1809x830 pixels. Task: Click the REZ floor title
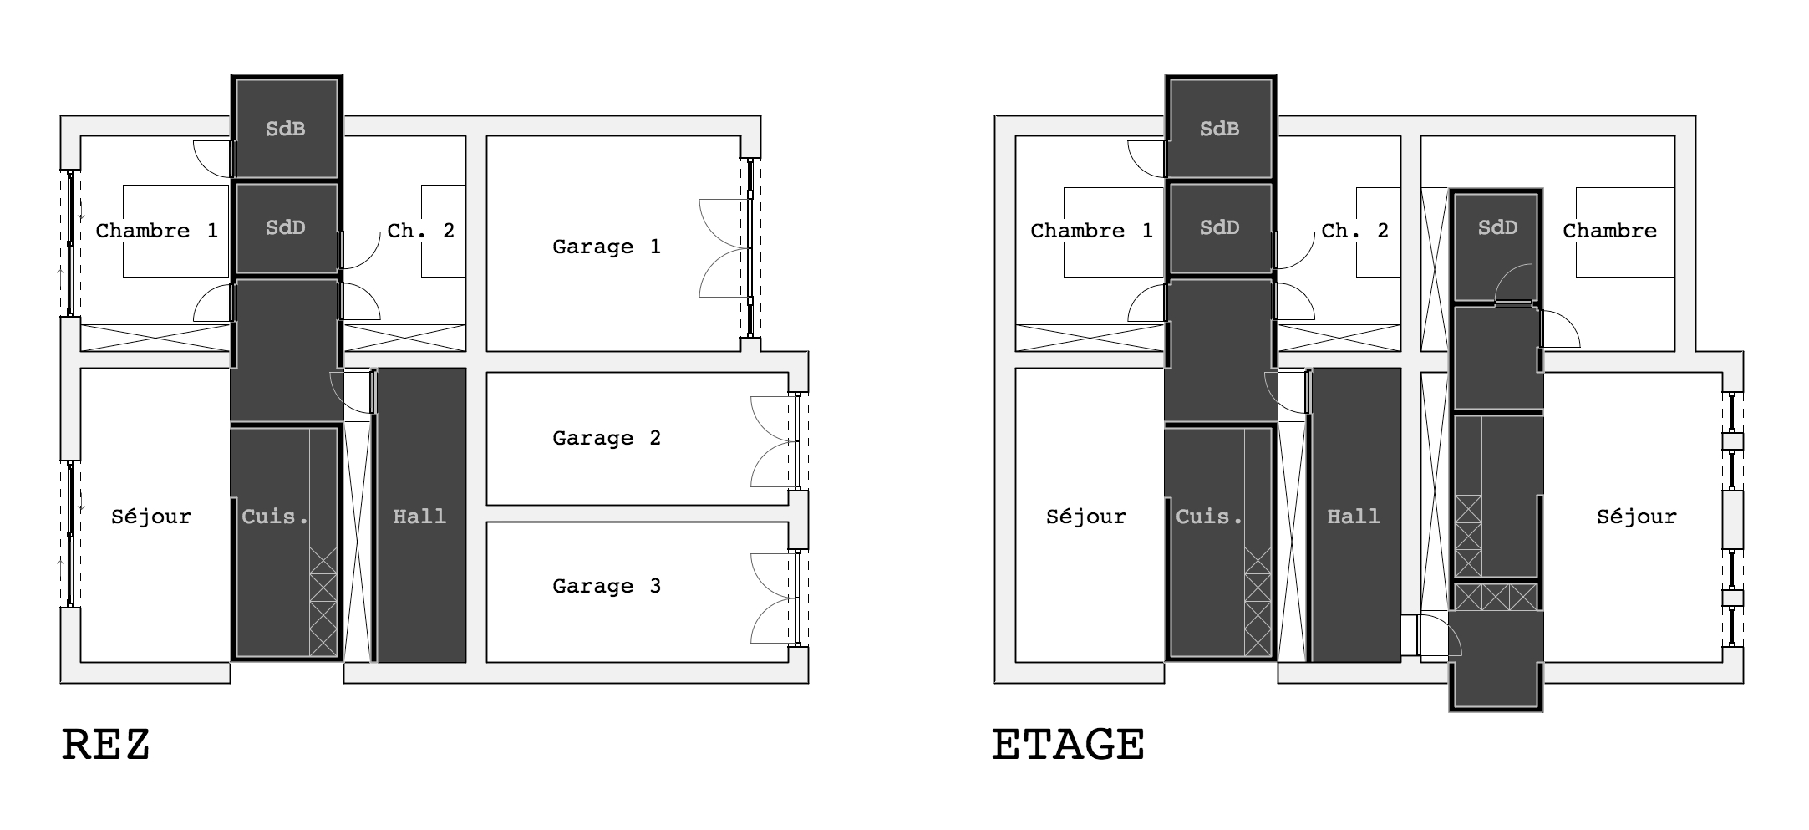pyautogui.click(x=106, y=745)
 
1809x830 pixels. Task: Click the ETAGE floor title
pyautogui.click(x=1068, y=745)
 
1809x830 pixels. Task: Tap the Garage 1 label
pyautogui.click(x=607, y=247)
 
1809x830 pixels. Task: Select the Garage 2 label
pyautogui.click(x=607, y=438)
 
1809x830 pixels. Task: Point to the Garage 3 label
pyautogui.click(x=607, y=586)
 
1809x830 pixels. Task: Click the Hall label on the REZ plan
pyautogui.click(x=419, y=517)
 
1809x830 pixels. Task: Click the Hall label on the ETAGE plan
pyautogui.click(x=1354, y=517)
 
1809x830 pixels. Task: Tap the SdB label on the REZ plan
pyautogui.click(x=285, y=129)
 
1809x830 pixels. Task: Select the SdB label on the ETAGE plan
pyautogui.click(x=1219, y=129)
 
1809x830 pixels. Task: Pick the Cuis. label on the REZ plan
pyautogui.click(x=275, y=517)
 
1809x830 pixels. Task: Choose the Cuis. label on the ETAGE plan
pyautogui.click(x=1209, y=517)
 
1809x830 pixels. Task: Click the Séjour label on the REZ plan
pyautogui.click(x=151, y=517)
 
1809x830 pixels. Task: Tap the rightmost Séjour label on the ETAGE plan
pyautogui.click(x=1637, y=517)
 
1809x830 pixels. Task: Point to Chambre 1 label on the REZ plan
pyautogui.click(x=157, y=231)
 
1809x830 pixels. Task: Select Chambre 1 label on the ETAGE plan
pyautogui.click(x=1092, y=231)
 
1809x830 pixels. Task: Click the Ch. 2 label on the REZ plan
pyautogui.click(x=421, y=231)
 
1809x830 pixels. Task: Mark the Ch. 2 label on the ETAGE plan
pyautogui.click(x=1355, y=231)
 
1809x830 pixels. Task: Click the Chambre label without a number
pyautogui.click(x=1610, y=231)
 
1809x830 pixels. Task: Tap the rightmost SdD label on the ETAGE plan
pyautogui.click(x=1497, y=227)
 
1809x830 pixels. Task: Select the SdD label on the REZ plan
pyautogui.click(x=285, y=227)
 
